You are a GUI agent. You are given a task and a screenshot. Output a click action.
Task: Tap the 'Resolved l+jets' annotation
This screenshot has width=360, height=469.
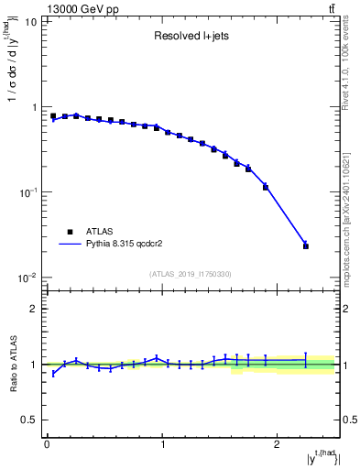[x=191, y=38]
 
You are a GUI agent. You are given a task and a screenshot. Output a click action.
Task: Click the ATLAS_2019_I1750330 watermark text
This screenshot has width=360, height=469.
[x=191, y=274]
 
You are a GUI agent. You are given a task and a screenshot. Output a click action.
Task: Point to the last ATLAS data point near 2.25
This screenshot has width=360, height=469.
[x=306, y=245]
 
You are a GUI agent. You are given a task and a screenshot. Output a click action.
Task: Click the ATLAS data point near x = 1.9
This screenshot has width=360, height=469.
[x=266, y=187]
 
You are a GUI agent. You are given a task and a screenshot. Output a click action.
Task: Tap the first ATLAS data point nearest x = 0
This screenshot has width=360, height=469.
[x=53, y=116]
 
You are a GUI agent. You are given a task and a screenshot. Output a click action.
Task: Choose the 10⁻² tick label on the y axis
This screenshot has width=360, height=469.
[x=27, y=277]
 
